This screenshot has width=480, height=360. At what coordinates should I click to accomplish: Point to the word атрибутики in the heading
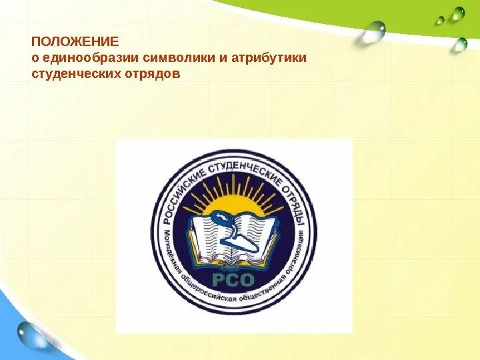pos(269,57)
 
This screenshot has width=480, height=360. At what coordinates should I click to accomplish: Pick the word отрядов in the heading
pos(151,73)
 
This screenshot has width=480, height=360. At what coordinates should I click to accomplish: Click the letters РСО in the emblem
pos(231,278)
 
